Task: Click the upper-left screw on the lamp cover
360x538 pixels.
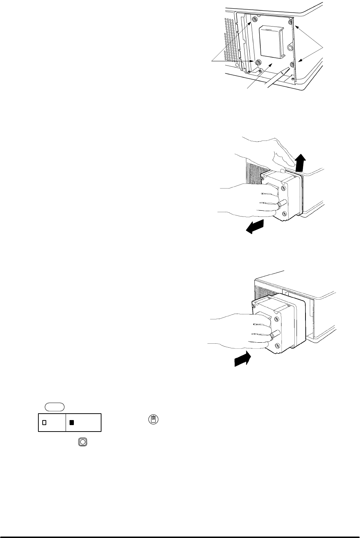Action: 254,19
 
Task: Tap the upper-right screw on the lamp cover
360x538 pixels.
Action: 290,23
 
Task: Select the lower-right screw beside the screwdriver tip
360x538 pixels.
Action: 292,64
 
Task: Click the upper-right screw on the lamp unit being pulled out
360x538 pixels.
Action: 283,187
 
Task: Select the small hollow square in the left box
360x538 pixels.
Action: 44,423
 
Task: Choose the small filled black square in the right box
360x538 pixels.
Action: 71,423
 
